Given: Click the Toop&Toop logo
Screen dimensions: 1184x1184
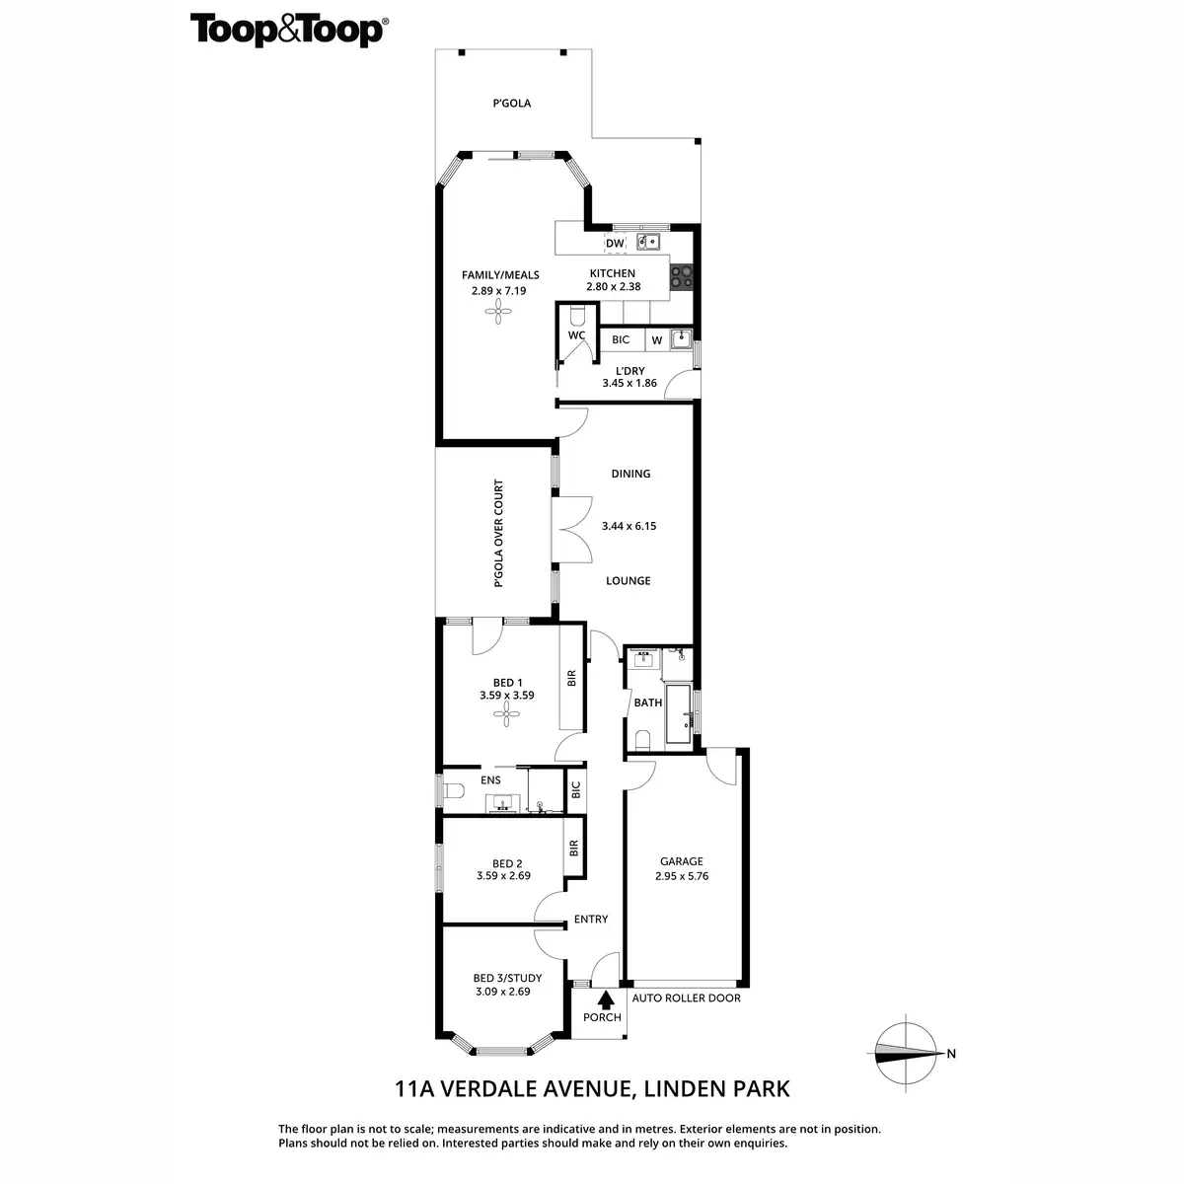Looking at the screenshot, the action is point(287,30).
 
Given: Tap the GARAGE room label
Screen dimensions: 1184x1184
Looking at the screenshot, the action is point(682,861).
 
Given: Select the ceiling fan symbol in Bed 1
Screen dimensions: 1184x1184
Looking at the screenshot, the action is point(507,716).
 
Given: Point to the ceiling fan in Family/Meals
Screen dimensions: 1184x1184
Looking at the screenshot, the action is point(500,314).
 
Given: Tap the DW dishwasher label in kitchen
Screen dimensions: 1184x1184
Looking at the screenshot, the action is point(615,244).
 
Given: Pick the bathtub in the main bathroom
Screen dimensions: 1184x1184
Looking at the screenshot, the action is point(679,714).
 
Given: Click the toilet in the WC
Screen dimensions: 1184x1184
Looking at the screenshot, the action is point(578,315).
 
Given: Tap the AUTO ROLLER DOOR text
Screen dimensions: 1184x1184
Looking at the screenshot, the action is point(686,998).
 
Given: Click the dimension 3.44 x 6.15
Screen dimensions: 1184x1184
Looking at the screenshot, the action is point(629,526).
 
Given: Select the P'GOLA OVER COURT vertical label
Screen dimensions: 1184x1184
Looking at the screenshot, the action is point(498,533).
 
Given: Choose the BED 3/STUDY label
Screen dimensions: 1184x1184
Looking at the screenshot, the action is point(507,979).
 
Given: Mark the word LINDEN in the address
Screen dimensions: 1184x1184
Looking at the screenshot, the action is point(680,1089).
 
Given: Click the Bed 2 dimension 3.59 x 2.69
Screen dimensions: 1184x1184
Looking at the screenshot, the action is point(503,875).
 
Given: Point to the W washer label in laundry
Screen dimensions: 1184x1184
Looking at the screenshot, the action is point(656,340).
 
